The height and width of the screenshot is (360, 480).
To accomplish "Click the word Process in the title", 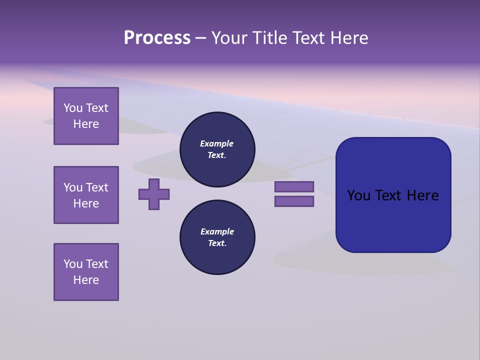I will click(x=157, y=38).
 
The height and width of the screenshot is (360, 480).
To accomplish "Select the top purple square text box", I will click(x=86, y=116).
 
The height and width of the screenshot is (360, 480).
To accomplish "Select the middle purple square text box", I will click(x=86, y=195).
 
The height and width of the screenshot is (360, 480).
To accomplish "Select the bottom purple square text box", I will click(x=86, y=272).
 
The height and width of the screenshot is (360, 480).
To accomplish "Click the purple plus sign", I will click(x=154, y=194).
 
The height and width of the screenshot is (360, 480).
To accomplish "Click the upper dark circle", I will click(x=217, y=149).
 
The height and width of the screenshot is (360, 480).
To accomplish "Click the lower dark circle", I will click(x=217, y=237).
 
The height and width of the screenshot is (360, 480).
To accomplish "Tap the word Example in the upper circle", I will click(x=216, y=143).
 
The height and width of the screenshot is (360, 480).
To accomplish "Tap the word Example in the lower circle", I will click(x=217, y=231).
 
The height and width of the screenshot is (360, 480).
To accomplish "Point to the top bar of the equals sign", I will click(x=294, y=187).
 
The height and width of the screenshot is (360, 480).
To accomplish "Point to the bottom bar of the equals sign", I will click(x=294, y=201).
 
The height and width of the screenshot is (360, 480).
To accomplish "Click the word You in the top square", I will click(x=73, y=108).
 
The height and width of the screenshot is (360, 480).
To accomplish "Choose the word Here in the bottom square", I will click(x=86, y=280).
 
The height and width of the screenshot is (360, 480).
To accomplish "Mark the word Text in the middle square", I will click(x=97, y=187).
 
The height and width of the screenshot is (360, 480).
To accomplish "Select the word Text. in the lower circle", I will click(x=217, y=243).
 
